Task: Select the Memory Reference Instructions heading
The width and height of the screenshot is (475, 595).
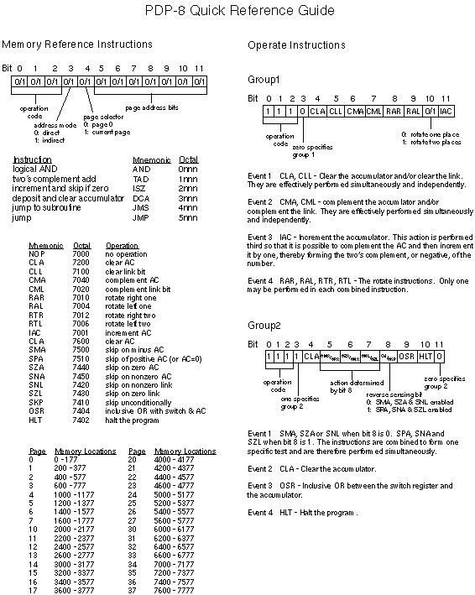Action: (x=77, y=44)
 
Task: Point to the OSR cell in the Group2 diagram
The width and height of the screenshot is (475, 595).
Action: (x=406, y=356)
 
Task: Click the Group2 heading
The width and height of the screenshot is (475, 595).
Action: (x=264, y=324)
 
